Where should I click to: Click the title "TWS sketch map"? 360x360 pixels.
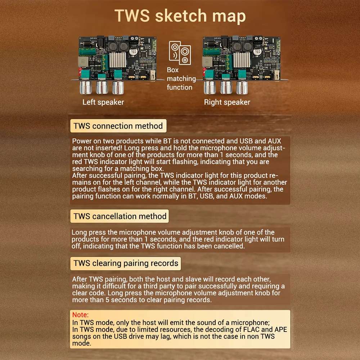(x=180, y=16)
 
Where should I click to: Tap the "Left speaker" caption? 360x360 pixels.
(x=103, y=102)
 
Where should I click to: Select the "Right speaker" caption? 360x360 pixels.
(x=227, y=102)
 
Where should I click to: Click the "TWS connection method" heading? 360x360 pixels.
(x=118, y=126)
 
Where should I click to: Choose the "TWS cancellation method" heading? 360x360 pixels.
(x=120, y=216)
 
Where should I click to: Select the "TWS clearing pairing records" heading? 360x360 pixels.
(x=126, y=263)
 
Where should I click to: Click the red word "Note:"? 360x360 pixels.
(x=80, y=315)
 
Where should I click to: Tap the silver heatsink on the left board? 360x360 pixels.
(x=117, y=59)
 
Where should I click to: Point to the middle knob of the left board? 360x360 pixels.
(x=102, y=87)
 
